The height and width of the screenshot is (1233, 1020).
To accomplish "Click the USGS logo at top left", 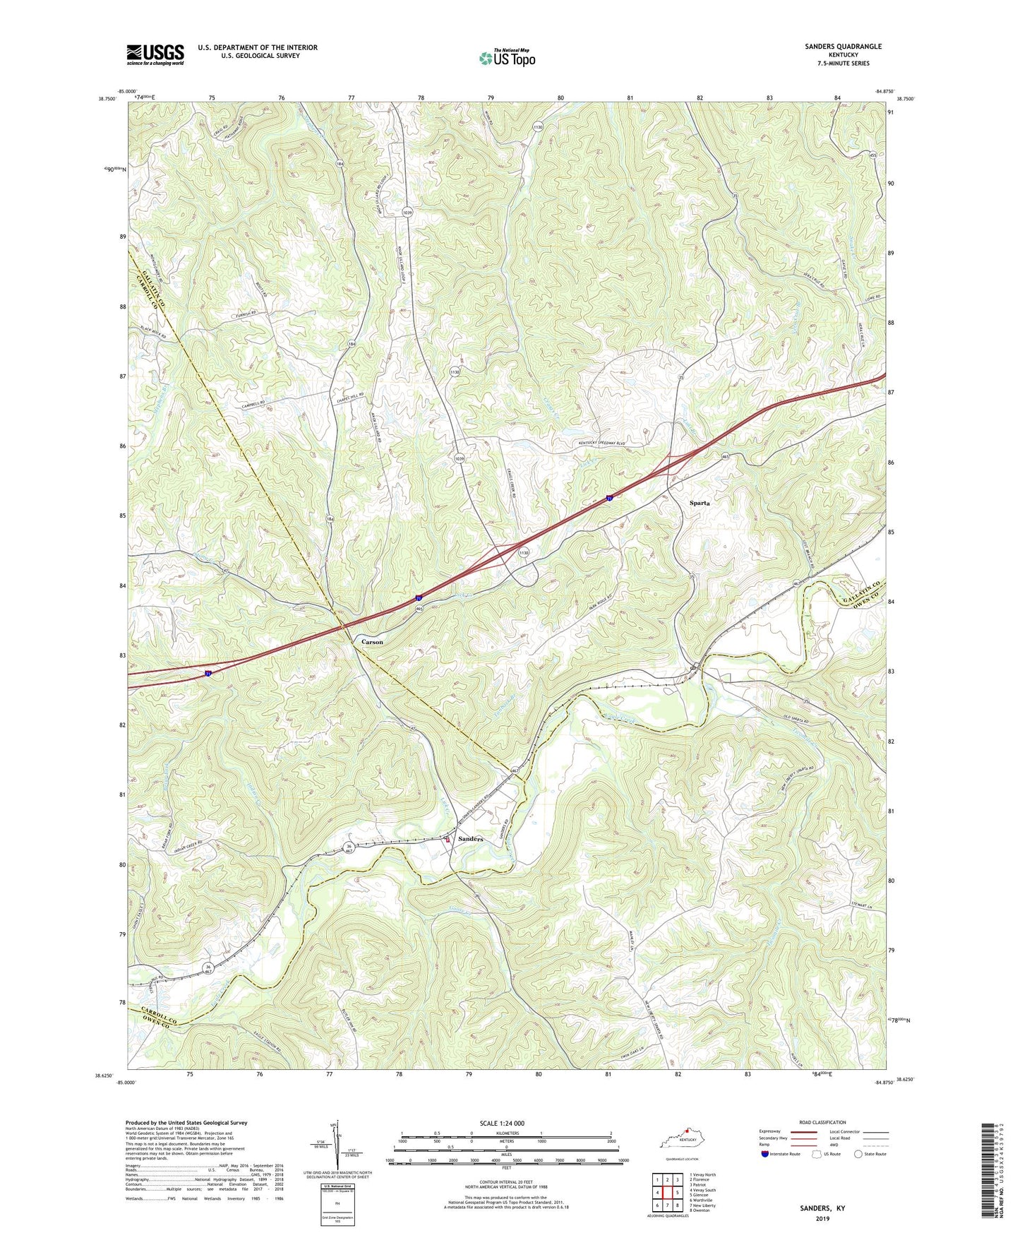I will pos(155,54).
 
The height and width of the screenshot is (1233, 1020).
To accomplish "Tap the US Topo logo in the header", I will pos(506,57).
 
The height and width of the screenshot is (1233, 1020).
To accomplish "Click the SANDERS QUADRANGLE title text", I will pos(843,47).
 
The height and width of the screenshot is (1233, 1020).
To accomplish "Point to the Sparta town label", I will pos(699,504).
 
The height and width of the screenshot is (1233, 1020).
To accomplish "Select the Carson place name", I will pos(372,642).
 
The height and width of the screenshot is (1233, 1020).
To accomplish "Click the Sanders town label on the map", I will pos(470,839).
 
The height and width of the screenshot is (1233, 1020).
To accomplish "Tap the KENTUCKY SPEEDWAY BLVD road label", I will pos(602,443).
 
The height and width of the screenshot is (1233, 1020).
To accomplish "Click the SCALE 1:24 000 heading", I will pos(501,1123).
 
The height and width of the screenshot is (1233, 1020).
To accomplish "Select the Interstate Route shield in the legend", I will pos(765,1154).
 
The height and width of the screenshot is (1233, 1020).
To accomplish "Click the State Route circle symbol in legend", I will pos(858,1154).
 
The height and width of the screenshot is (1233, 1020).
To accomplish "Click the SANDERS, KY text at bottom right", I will pos(822,1208).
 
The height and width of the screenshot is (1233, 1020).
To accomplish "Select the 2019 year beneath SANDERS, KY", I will pos(822,1219).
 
